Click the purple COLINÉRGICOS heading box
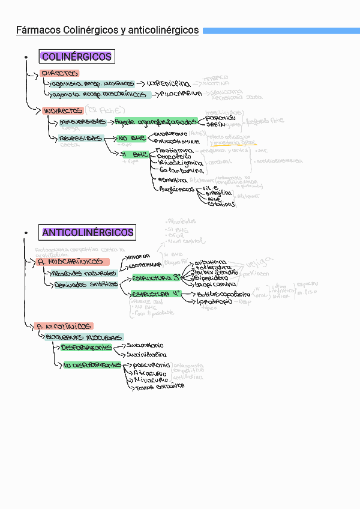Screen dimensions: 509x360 pos(76,56)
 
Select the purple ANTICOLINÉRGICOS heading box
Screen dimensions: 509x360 pos(88,232)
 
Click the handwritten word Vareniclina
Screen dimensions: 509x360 pos(169,83)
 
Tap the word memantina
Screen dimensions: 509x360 pos(172,179)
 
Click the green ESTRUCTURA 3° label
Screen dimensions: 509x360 pos(156,279)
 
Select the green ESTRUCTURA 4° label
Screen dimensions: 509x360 pos(156,294)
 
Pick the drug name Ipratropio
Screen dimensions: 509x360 pos(214,303)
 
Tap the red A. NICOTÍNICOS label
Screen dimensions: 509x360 pos(65,326)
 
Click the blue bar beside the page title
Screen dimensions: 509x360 pos(281,30)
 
